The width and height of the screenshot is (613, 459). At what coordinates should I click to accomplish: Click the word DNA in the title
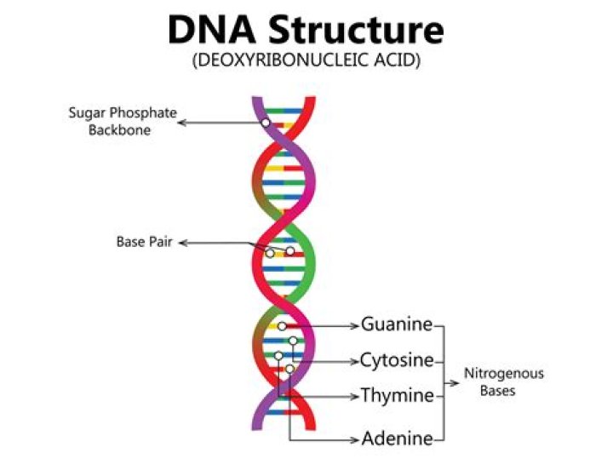coord(211,30)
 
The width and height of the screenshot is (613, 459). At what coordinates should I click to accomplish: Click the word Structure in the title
coord(356,30)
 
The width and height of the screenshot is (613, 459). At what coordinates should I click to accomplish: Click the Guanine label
coord(397,324)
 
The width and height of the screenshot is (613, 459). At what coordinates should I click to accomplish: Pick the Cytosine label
coord(397,360)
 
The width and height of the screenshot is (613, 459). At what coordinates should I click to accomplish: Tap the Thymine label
coord(397,395)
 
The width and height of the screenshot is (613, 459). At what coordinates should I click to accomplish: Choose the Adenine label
coord(398,438)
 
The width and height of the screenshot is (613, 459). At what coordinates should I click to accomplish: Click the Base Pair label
coord(144,242)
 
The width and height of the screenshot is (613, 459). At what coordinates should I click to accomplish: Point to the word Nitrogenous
coord(504,373)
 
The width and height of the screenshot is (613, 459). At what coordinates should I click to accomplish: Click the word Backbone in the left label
coord(119,129)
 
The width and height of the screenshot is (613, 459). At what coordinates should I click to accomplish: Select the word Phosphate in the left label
coord(143,112)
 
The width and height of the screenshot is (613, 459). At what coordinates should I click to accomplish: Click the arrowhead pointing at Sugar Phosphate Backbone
coord(182,123)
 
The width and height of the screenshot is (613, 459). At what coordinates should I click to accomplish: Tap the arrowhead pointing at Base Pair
coord(182,244)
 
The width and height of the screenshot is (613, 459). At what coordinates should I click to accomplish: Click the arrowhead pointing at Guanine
coord(355,326)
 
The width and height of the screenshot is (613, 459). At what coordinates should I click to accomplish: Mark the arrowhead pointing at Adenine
coord(355,440)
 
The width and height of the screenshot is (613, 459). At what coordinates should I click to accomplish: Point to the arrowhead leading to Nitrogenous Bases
coord(455,383)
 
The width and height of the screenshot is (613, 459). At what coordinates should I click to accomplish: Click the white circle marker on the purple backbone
coord(266,123)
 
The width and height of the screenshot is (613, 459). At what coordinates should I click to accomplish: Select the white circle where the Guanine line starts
coord(282,325)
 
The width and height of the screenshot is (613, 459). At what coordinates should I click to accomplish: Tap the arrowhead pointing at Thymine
coord(355,397)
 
